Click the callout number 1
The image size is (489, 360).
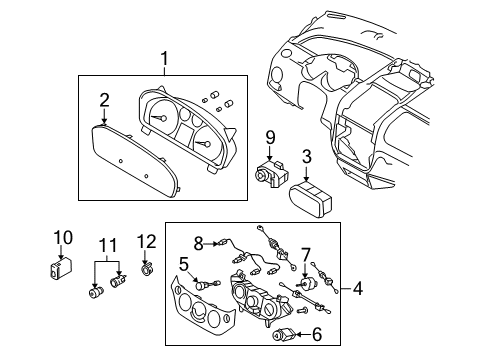point(164,59)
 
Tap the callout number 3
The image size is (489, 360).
point(308,156)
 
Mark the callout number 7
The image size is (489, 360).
point(307,255)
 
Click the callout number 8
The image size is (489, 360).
point(199,243)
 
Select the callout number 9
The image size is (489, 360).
point(269,137)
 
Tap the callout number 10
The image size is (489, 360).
point(63,238)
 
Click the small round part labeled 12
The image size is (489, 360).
point(148,268)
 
